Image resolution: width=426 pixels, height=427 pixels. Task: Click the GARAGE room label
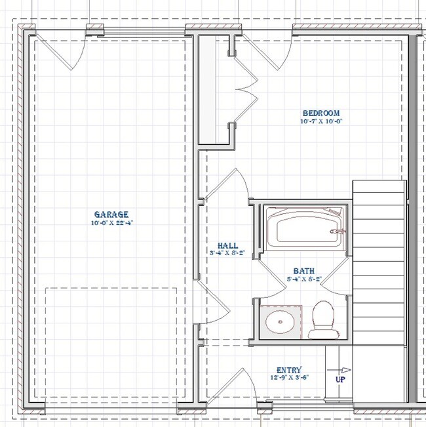[x=111, y=214]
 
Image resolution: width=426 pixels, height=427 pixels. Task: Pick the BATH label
[x=303, y=270]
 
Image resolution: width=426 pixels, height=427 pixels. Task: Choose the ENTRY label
[x=289, y=370]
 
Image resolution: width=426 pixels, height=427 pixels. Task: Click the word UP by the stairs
[x=340, y=380]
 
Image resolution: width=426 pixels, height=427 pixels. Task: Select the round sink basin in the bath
[x=281, y=321]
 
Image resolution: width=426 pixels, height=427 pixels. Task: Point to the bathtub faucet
[x=336, y=231]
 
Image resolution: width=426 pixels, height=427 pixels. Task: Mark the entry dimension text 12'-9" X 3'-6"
[x=289, y=378]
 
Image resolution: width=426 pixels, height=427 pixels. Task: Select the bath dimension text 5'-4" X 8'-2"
[x=303, y=278]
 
